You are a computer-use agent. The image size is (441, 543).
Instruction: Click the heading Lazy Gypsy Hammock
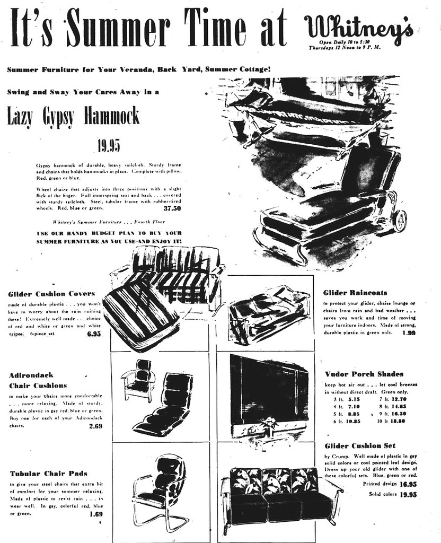pyautogui.click(x=73, y=116)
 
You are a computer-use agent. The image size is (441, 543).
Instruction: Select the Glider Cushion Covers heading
pyautogui.click(x=52, y=294)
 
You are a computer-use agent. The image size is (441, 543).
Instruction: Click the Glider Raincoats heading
pyautogui.click(x=355, y=292)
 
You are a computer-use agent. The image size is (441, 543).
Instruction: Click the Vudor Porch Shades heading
pyautogui.click(x=364, y=374)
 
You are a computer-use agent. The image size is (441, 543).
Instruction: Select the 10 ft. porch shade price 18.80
pyautogui.click(x=398, y=421)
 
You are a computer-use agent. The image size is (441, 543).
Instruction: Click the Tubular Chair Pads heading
pyautogui.click(x=49, y=473)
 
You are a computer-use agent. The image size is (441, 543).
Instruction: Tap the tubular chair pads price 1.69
pyautogui.click(x=96, y=513)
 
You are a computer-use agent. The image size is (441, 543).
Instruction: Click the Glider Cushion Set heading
pyautogui.click(x=359, y=445)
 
